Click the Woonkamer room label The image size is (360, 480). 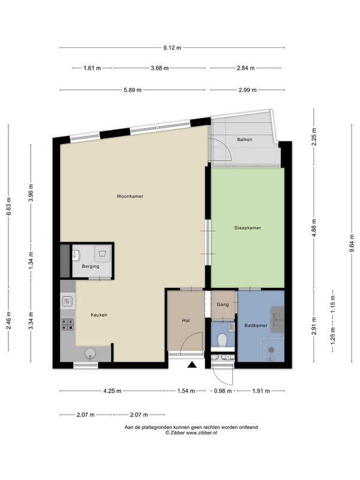tap(130, 196)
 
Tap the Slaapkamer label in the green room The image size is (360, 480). tap(247, 228)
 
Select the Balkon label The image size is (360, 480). tap(245, 140)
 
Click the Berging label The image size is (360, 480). tap(91, 266)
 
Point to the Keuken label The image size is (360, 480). tap(99, 314)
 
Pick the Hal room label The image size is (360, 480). tap(186, 320)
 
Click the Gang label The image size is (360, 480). tap(223, 305)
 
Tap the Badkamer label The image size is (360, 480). tap(256, 325)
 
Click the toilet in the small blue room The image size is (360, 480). tap(222, 340)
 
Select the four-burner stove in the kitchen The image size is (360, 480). tap(68, 324)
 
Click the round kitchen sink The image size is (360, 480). tap(90, 353)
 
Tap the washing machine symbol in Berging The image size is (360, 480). tap(103, 253)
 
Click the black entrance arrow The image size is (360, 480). tap(191, 364)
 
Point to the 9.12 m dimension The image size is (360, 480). tap(172, 48)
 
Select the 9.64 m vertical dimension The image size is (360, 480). tap(352, 244)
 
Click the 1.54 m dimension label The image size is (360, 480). tap(186, 391)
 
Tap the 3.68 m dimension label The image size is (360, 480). tap(160, 68)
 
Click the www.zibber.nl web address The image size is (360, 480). tap(202, 433)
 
